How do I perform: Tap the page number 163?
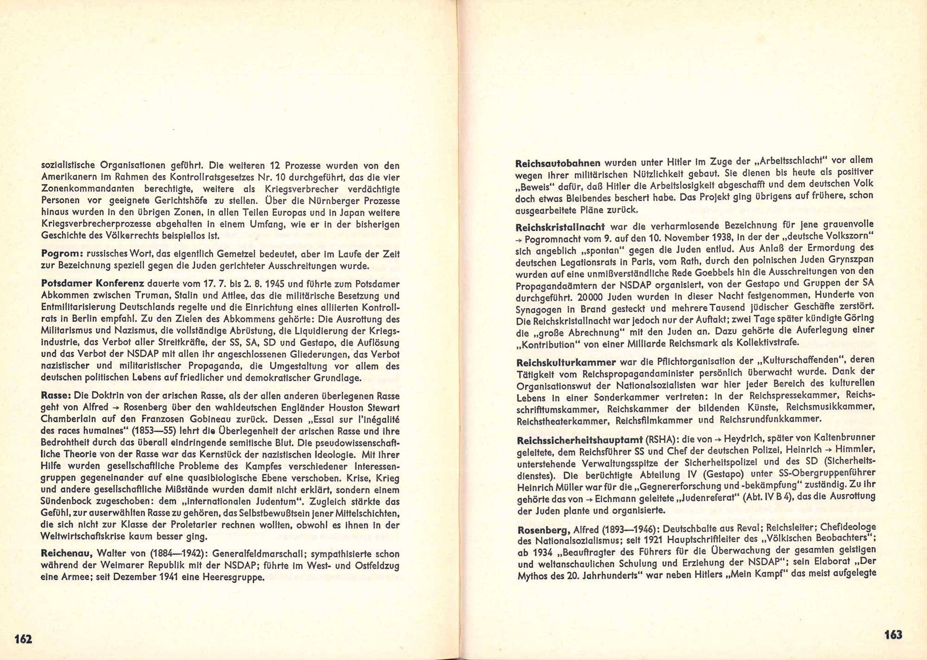point(893,634)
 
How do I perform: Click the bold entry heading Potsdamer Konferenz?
point(94,283)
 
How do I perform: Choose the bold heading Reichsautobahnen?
point(558,163)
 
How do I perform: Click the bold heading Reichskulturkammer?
point(566,362)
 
